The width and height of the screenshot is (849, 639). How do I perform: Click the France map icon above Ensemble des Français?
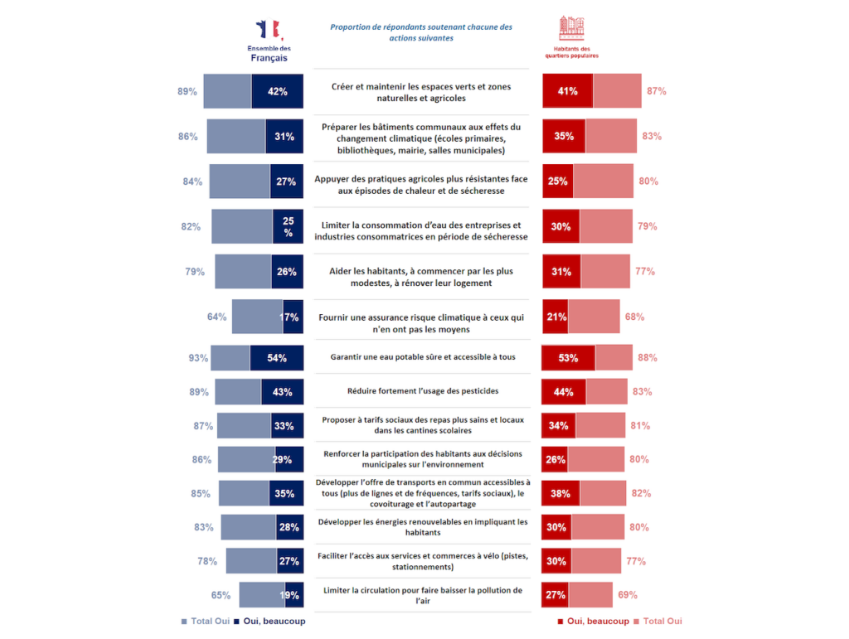click(269, 30)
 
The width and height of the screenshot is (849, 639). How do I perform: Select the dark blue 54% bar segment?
click(276, 358)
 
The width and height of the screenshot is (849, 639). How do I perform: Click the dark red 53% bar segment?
click(568, 358)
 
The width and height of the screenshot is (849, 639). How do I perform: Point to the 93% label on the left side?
click(198, 358)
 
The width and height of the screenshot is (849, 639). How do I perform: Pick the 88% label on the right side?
click(648, 358)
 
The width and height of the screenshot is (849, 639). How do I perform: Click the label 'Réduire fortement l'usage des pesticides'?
click(423, 390)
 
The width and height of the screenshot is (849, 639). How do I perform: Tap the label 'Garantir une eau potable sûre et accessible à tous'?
click(423, 357)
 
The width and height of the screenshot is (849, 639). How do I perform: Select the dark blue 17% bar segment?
click(292, 317)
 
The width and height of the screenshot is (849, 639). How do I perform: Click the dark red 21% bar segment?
click(555, 317)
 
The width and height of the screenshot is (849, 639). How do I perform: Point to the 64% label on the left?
click(217, 317)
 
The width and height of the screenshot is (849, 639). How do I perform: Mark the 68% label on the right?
click(634, 317)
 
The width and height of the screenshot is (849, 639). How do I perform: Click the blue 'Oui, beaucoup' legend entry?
click(264, 621)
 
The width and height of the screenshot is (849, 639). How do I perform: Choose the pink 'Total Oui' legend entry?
click(657, 621)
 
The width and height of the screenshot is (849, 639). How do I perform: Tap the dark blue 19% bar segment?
click(294, 595)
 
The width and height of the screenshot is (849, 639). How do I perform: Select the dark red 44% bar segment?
click(564, 392)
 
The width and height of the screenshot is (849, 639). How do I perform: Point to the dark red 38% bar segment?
click(560, 493)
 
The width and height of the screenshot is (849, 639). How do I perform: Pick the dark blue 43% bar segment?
click(282, 392)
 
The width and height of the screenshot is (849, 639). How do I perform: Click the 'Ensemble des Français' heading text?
click(269, 54)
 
